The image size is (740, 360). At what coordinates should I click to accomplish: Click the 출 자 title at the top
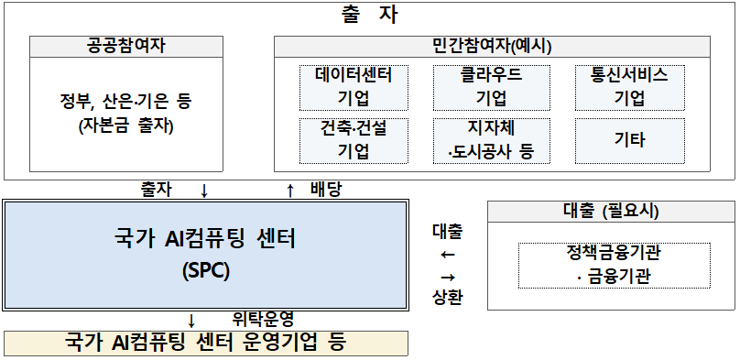coord(369,15)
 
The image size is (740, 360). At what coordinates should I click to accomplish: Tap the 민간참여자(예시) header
coord(492,45)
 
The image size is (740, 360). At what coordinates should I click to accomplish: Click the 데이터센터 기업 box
coord(354,87)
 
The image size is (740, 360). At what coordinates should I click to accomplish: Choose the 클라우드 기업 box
coord(491,87)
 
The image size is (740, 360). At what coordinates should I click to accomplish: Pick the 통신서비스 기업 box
coord(628,87)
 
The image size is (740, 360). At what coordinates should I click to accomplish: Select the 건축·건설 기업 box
coord(354,139)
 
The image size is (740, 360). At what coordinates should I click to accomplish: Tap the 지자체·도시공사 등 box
coord(491,139)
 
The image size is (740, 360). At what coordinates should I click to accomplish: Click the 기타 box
coord(628,139)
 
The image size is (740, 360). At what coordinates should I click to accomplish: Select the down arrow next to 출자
coord(204,191)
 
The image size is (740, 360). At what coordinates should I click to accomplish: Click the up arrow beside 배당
coord(291,191)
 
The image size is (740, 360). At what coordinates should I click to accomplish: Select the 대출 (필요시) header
coord(611,212)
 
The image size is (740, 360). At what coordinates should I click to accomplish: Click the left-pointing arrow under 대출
coord(448,253)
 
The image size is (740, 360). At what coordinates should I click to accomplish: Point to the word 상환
coord(448,298)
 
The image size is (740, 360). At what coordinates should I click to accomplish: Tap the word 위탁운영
coord(263,319)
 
